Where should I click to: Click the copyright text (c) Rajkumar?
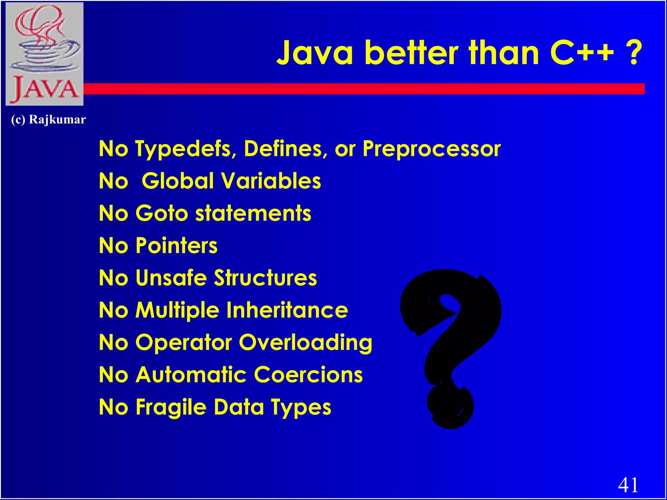48,119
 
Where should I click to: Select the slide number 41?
628,485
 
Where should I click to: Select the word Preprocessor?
432,149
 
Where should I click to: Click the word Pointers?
177,245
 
